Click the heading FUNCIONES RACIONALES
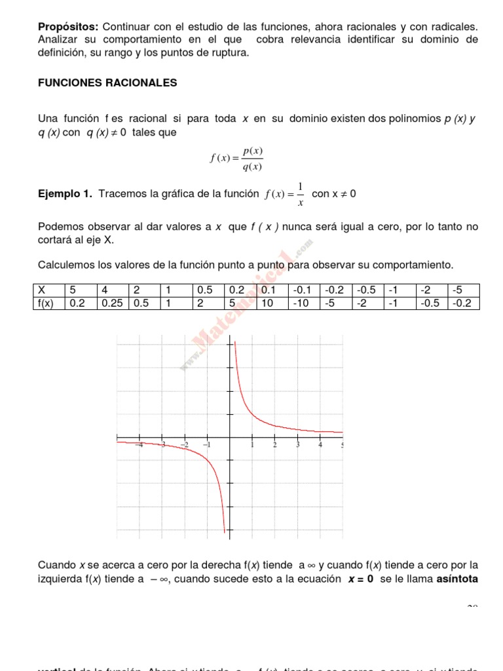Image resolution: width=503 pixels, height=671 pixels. [x=107, y=83]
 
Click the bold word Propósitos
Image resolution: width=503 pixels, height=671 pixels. [x=68, y=26]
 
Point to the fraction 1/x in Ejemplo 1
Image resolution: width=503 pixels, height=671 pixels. [x=300, y=194]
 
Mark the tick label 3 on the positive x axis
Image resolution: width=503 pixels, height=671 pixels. [x=297, y=445]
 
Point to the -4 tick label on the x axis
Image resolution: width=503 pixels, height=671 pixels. [x=139, y=445]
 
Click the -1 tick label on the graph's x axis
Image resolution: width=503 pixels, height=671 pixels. [x=206, y=445]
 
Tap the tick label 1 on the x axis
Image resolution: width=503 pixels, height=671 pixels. [x=252, y=445]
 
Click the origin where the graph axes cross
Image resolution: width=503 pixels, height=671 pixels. [x=230, y=437]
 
